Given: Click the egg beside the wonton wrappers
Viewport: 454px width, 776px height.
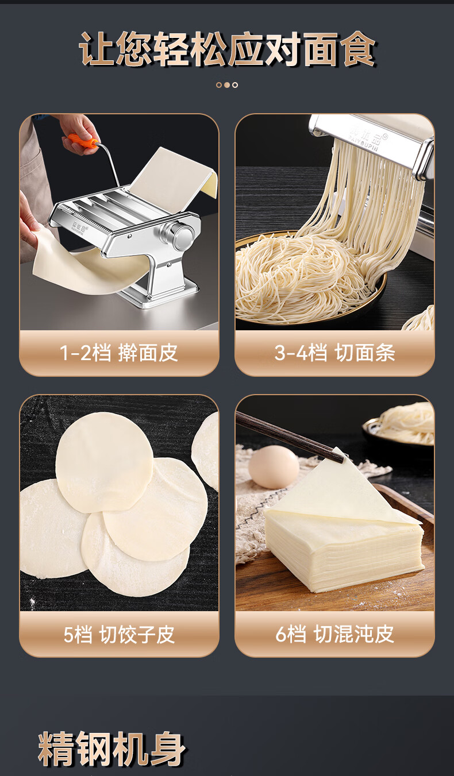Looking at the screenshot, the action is (x=274, y=467).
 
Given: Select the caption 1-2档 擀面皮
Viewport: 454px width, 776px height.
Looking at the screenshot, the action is (x=119, y=353).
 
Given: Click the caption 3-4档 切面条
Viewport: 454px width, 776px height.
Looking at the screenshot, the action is (x=335, y=353).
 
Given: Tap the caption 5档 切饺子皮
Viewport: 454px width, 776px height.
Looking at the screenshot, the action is (x=119, y=634).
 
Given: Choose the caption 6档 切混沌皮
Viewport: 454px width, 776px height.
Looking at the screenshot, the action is (x=335, y=634).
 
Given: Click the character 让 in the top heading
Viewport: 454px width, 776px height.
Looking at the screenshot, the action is (x=97, y=49).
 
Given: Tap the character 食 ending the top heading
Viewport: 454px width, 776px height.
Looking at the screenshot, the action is (x=358, y=49).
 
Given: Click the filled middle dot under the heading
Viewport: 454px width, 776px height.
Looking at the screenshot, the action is (x=227, y=85).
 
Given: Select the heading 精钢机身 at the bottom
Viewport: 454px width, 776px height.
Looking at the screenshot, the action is (x=111, y=748).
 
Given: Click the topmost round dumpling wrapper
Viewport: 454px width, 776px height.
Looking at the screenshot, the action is (x=105, y=462).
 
